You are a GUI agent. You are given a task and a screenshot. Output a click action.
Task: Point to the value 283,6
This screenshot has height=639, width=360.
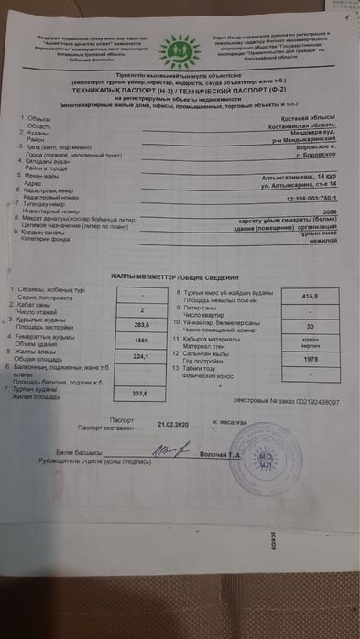[140, 324]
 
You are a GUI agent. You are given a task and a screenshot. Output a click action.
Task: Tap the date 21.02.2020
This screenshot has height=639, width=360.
[170, 425]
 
